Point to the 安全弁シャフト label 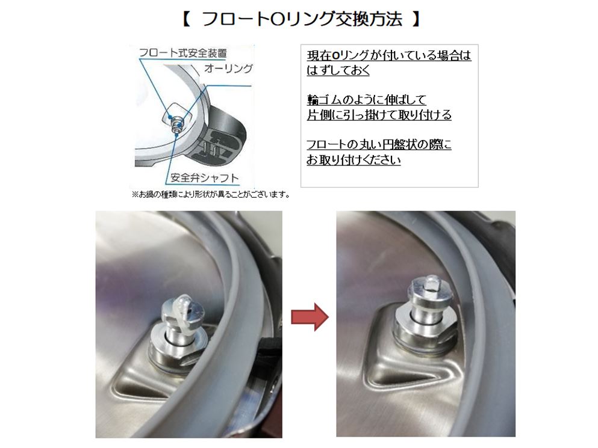pos(205,178)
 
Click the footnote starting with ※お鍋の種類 pos(211,194)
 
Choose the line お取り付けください pos(354,160)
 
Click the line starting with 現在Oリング pos(388,55)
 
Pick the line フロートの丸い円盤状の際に pos(379,145)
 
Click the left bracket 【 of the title pos(186,19)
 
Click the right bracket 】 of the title pos(415,19)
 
